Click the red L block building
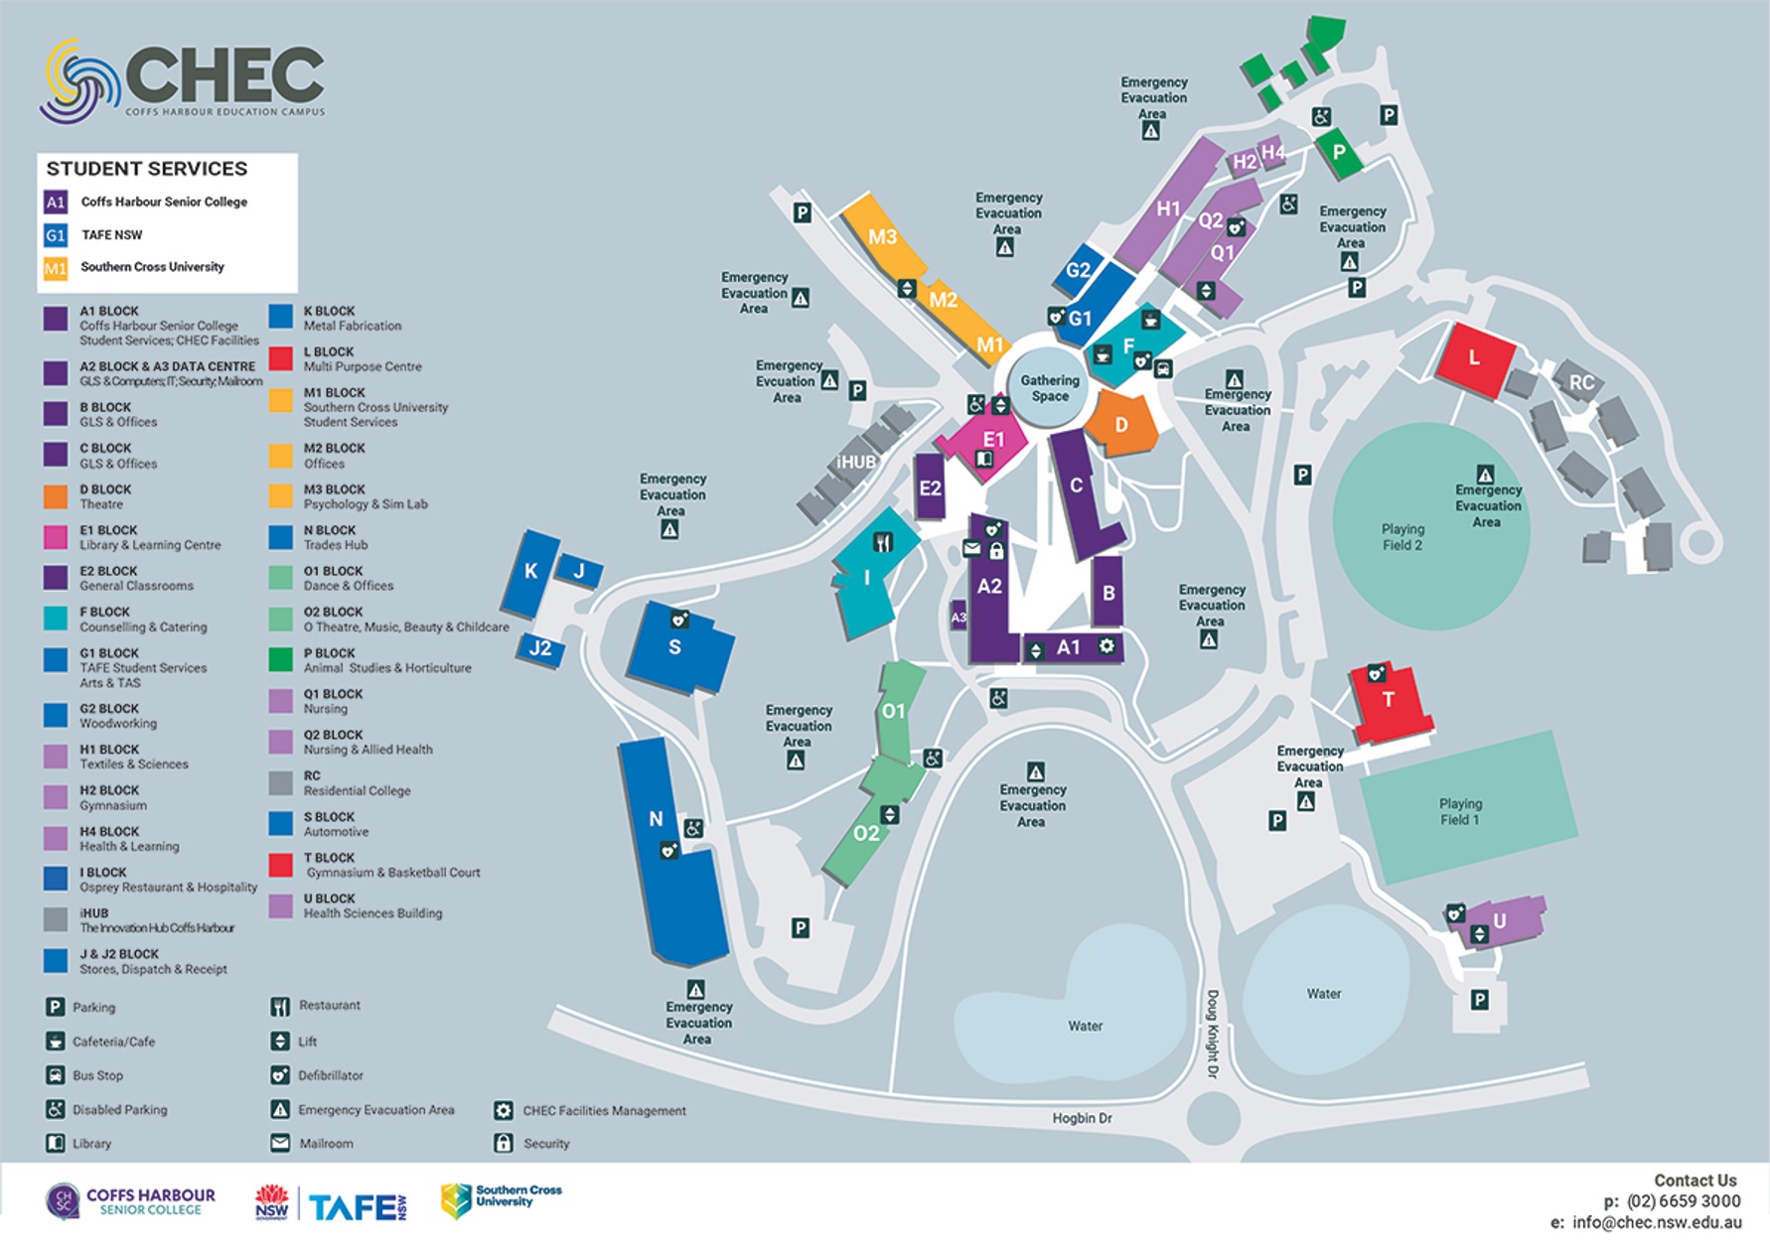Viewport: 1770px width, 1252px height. [x=1476, y=358]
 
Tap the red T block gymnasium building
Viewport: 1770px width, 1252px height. [x=1391, y=704]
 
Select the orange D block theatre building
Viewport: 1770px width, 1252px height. [x=1122, y=425]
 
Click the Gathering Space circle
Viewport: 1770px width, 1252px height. [x=1050, y=387]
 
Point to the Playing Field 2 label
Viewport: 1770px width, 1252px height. [x=1402, y=537]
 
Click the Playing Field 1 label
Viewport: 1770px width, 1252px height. [x=1460, y=811]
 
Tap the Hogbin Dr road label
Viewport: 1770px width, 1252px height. [x=1082, y=1118]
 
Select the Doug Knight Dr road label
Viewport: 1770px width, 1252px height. [x=1212, y=1033]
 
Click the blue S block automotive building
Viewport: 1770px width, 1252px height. [x=678, y=650]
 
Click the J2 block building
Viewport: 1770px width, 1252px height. [x=540, y=649]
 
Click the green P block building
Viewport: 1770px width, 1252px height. [x=1339, y=154]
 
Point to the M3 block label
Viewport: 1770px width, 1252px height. [x=882, y=236]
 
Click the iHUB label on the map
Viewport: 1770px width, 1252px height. [x=855, y=462]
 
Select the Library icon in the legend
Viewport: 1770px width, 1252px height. [x=56, y=1143]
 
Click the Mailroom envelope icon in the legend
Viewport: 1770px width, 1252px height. [x=280, y=1143]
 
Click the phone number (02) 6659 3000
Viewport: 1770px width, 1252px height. [x=1684, y=1201]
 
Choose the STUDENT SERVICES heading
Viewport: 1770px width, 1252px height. [x=147, y=169]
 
